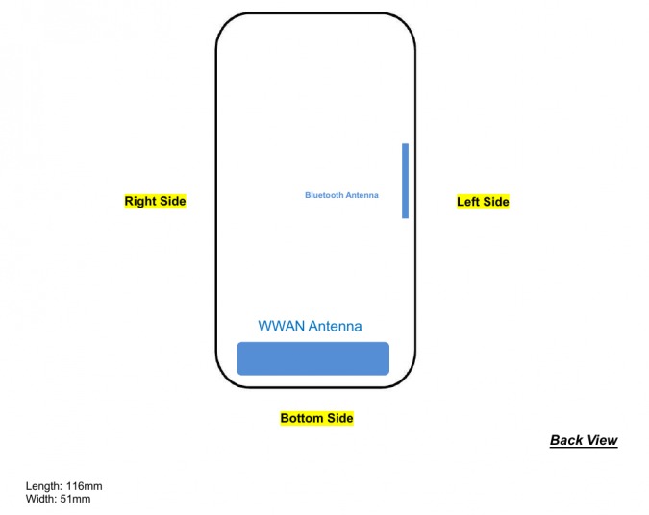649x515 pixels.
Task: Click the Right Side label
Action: pyautogui.click(x=155, y=201)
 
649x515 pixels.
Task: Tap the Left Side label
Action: pyautogui.click(x=483, y=202)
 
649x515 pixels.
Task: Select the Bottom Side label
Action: pyautogui.click(x=316, y=418)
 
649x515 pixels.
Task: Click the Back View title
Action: pyautogui.click(x=584, y=440)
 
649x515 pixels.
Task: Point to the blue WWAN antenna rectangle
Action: pyautogui.click(x=312, y=358)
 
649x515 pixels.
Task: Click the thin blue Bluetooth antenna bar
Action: pyautogui.click(x=405, y=181)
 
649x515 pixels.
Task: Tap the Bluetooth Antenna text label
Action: pyautogui.click(x=341, y=195)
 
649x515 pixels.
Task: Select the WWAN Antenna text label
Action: pyautogui.click(x=310, y=326)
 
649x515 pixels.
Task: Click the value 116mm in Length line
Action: pyautogui.click(x=84, y=486)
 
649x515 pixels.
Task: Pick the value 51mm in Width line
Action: pyautogui.click(x=75, y=499)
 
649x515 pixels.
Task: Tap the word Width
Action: pyautogui.click(x=41, y=499)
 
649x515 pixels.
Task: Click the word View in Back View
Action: pyautogui.click(x=602, y=440)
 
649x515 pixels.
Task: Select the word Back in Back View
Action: pyautogui.click(x=566, y=440)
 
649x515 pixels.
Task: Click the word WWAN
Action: pyautogui.click(x=282, y=326)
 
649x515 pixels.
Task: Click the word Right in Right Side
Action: pyautogui.click(x=140, y=202)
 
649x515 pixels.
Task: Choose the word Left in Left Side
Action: pyautogui.click(x=467, y=202)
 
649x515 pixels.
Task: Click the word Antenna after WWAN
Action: pyautogui.click(x=336, y=326)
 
